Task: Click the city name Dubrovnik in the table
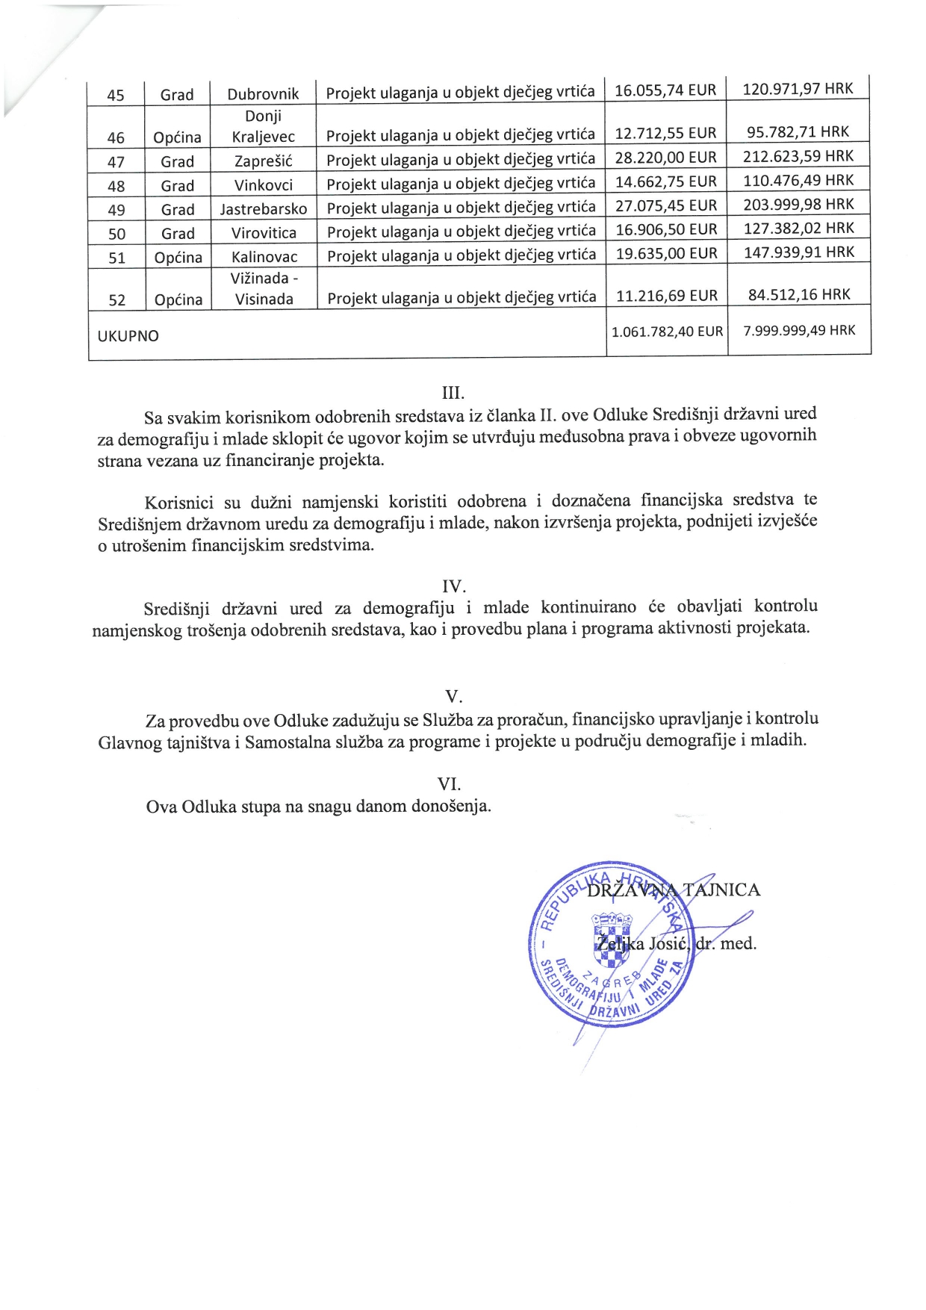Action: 263,94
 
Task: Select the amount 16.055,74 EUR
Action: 665,90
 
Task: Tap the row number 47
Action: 116,162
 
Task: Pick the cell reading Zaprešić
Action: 264,161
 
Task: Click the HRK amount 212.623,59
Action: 798,156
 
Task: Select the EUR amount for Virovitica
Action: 666,229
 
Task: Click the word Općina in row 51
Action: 178,258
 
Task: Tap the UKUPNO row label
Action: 128,336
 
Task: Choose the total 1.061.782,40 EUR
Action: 667,331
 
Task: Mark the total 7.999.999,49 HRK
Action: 799,330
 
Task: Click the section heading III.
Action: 453,393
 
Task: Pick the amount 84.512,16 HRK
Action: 799,294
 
